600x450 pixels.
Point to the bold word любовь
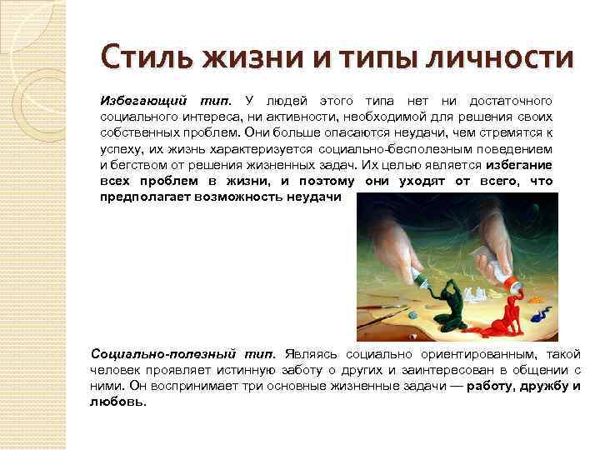(x=117, y=402)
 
